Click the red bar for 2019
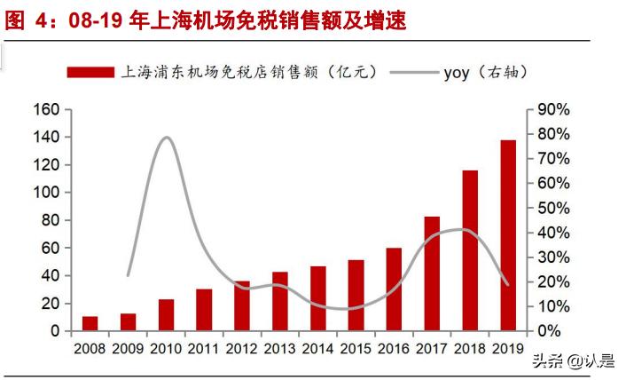pyautogui.click(x=508, y=235)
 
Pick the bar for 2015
pyautogui.click(x=356, y=296)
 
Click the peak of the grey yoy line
pyautogui.click(x=166, y=137)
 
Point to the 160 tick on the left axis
pyautogui.click(x=46, y=109)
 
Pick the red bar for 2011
pyautogui.click(x=204, y=310)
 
